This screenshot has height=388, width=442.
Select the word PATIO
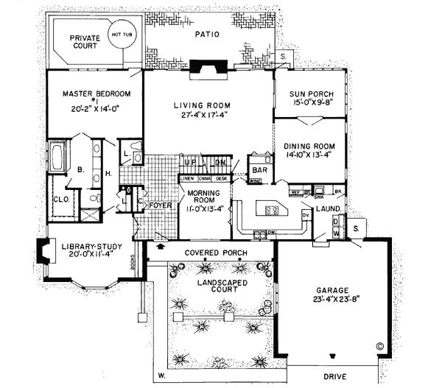(207, 34)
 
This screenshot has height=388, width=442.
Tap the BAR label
(260, 169)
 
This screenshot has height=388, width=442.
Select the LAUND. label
(328, 208)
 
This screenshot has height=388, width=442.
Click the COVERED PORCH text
(215, 253)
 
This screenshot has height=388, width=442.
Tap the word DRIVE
(338, 376)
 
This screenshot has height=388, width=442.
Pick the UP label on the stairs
(189, 161)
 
